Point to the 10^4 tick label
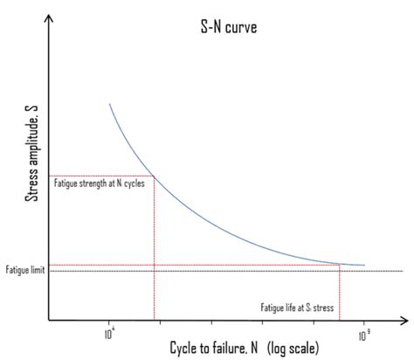(110, 331)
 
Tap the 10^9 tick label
(363, 331)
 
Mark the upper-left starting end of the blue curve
(109, 104)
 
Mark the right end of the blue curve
(364, 265)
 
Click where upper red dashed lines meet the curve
(155, 177)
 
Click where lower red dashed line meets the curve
(339, 262)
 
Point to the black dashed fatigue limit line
(218, 271)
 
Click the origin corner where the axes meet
(50, 320)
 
